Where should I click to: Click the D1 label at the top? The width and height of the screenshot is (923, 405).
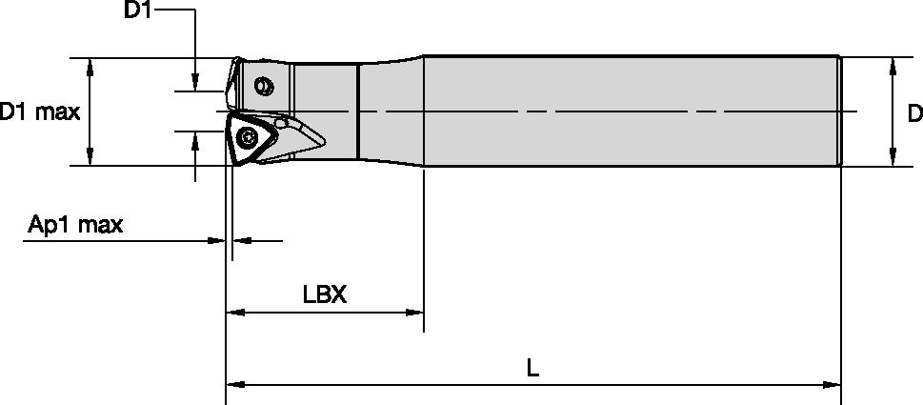pos(139,11)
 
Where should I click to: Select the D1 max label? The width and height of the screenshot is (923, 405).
pos(40,112)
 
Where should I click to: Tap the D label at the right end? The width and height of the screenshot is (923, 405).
pos(913,113)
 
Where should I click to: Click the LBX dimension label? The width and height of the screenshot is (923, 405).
pos(324,294)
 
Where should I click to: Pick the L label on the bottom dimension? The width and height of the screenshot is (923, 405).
pos(532,368)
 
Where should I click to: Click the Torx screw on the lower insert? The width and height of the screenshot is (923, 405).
pos(249,136)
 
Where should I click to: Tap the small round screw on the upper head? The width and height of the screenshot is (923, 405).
pos(265,88)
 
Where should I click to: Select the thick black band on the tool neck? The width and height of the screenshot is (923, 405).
pos(357,111)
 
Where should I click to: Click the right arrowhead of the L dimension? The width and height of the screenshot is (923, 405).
pos(833,385)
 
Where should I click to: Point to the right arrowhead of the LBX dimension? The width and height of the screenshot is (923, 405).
pos(415,312)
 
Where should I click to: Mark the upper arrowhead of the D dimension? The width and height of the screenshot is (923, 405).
pos(893,65)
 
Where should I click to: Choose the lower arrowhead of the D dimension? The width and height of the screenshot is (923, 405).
pos(893,158)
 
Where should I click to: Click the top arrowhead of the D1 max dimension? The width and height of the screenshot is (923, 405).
pos(90,65)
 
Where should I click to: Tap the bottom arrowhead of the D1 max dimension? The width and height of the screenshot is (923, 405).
pos(90,158)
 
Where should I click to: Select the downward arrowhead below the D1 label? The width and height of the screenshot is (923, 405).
pos(195,85)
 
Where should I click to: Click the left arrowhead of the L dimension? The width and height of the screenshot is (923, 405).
pos(233,385)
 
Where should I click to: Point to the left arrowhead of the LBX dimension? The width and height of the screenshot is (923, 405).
pos(233,312)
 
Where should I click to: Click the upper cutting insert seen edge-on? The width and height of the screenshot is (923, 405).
pos(231,84)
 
